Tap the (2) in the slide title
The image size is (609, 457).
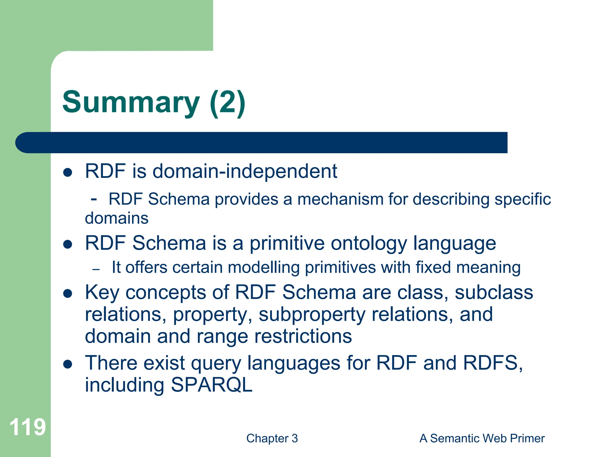(x=227, y=103)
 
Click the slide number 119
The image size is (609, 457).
(x=27, y=427)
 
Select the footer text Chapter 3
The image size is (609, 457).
(x=272, y=438)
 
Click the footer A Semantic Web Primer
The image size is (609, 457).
(x=482, y=438)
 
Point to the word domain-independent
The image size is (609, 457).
(x=245, y=171)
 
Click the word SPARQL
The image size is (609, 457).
(x=211, y=385)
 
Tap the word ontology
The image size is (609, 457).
(x=369, y=243)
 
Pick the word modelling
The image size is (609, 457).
(x=264, y=267)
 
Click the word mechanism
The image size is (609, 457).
(x=340, y=199)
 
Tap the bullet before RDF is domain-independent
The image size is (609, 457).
(x=68, y=172)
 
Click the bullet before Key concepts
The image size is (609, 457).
(x=68, y=293)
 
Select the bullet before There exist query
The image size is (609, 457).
(x=68, y=364)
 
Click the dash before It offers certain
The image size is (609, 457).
(x=96, y=270)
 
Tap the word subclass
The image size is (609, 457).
(x=494, y=292)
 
